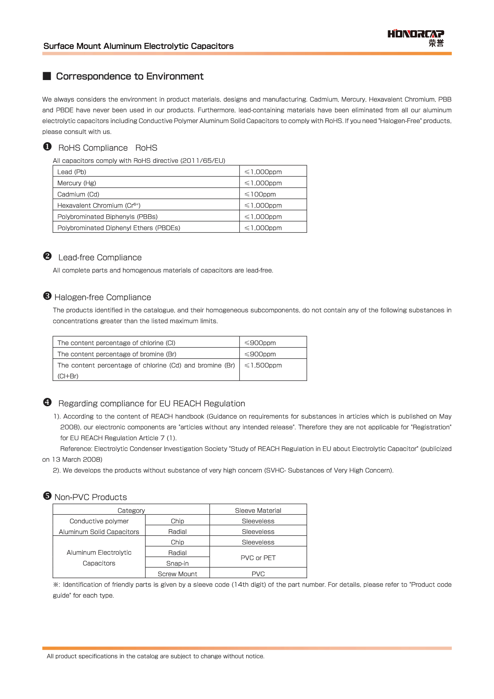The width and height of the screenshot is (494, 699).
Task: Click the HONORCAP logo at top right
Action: pyautogui.click(x=416, y=37)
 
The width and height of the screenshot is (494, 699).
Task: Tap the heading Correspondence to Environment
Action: pyautogui.click(x=129, y=76)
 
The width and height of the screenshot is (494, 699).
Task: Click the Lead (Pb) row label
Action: pyautogui.click(x=72, y=172)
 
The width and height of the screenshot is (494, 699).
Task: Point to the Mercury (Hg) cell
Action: pyautogui.click(x=77, y=183)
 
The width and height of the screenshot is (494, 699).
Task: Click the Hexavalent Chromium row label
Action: pyautogui.click(x=99, y=206)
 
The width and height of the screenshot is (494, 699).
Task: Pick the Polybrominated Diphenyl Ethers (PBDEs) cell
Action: pyautogui.click(x=119, y=228)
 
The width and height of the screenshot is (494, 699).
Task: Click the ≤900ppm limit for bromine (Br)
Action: pyautogui.click(x=260, y=354)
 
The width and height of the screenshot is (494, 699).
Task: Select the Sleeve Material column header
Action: pyautogui.click(x=258, y=511)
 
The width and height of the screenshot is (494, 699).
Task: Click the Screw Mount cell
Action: pyautogui.click(x=177, y=574)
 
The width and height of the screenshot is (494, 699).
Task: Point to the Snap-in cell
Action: pyautogui.click(x=177, y=563)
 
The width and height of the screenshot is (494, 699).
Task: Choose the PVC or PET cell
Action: pyautogui.click(x=258, y=558)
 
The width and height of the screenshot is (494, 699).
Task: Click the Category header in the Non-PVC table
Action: pyautogui.click(x=131, y=511)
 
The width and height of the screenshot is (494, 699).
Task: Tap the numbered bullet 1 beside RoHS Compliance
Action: pyautogui.click(x=47, y=147)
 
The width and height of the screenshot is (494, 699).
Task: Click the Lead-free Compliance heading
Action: pyautogui.click(x=100, y=258)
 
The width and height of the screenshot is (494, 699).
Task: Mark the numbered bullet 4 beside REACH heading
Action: pyautogui.click(x=47, y=402)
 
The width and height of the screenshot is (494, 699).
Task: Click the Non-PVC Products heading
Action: pyautogui.click(x=91, y=497)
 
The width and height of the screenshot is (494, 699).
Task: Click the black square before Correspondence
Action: pyautogui.click(x=47, y=76)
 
